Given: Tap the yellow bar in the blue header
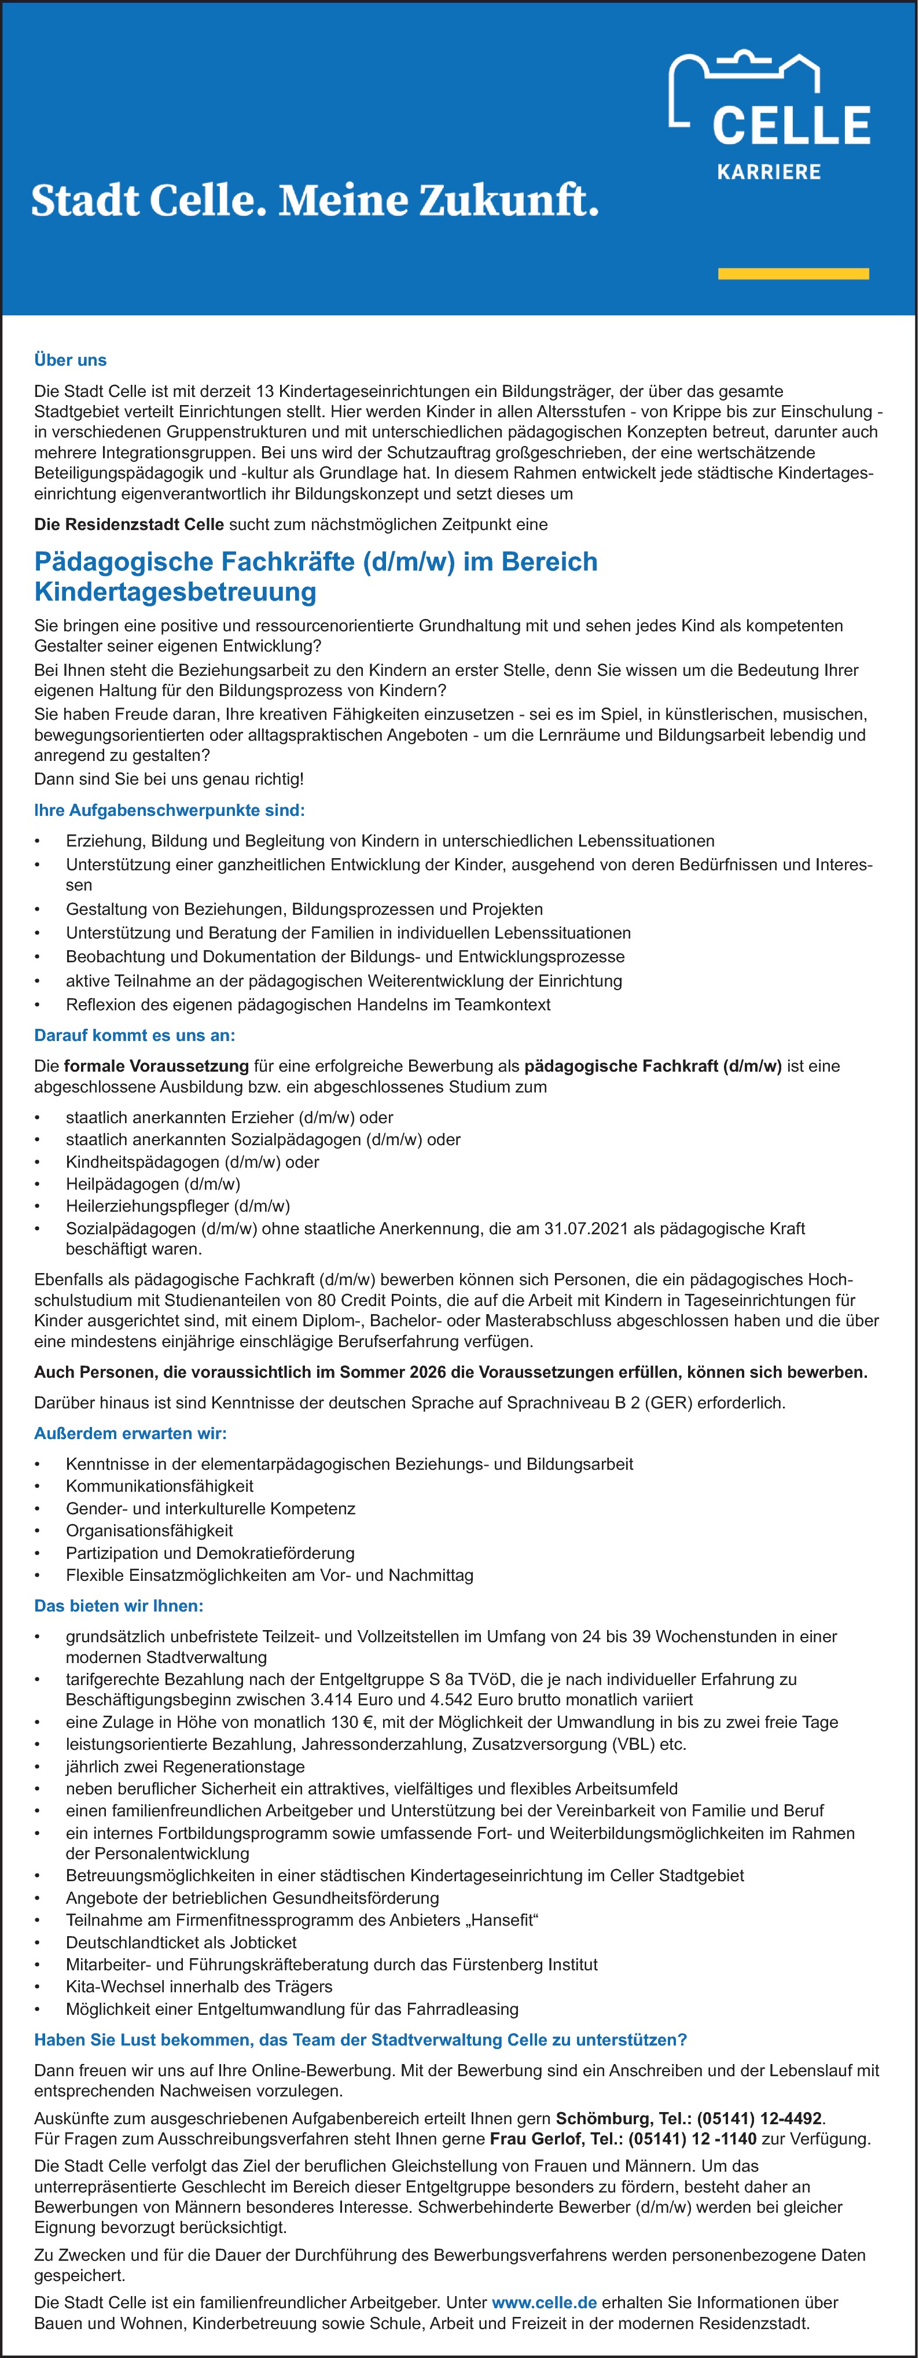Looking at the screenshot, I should click(x=793, y=274).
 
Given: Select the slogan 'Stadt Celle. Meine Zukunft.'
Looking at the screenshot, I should click(x=315, y=200).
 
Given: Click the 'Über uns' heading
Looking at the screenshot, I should click(x=71, y=360).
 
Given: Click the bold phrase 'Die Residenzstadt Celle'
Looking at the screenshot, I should click(x=129, y=524).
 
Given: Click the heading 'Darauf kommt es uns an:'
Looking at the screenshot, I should click(x=135, y=1035).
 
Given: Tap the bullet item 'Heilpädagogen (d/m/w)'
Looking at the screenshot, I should click(x=153, y=1183).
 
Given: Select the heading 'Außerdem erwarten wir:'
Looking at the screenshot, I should click(x=130, y=1433).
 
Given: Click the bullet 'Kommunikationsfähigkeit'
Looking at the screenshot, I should click(x=159, y=1485).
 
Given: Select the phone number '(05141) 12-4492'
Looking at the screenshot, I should click(x=759, y=2118).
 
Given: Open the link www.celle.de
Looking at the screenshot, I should click(x=544, y=2302).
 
